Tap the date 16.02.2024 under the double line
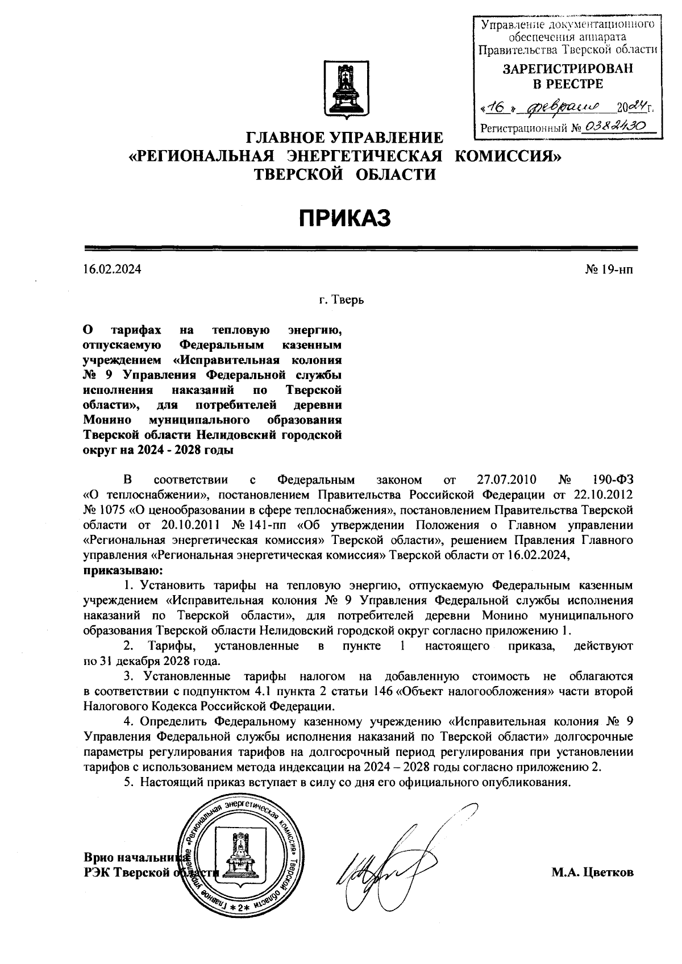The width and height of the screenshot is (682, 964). point(112,269)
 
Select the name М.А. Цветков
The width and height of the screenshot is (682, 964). point(592,872)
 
